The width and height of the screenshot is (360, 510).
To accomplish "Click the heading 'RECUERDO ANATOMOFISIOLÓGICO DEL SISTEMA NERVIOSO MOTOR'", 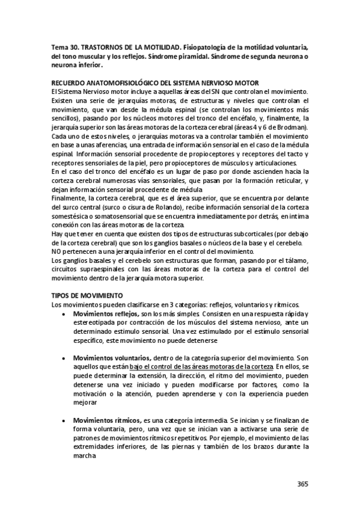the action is (155, 82).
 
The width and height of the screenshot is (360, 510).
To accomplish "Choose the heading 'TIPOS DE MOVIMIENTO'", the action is (87, 295).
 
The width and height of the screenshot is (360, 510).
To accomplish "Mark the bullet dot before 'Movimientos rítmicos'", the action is (64, 420).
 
